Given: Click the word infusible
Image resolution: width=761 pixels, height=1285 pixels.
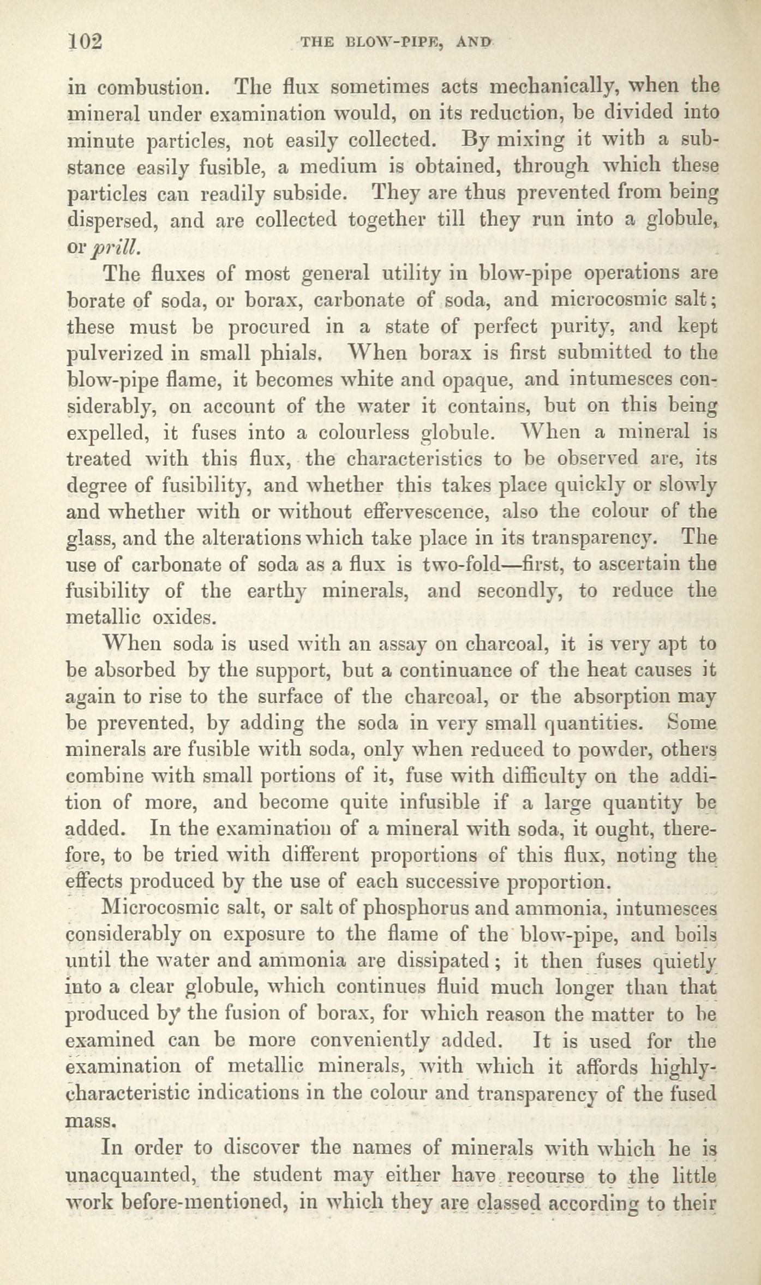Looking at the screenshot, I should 439,803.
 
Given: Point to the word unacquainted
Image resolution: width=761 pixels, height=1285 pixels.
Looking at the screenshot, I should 131,1173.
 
